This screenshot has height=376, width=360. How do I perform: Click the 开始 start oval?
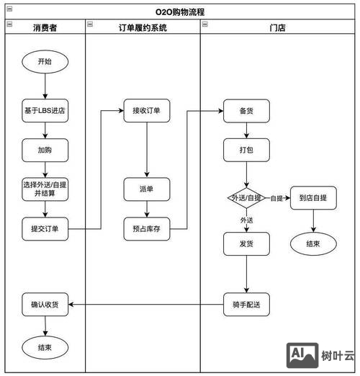click(x=45, y=63)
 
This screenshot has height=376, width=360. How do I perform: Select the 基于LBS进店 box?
click(x=45, y=111)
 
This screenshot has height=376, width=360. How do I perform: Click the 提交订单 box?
click(x=45, y=229)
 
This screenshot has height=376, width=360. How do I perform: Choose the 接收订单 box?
click(x=146, y=111)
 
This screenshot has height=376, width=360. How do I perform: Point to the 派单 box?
click(x=146, y=189)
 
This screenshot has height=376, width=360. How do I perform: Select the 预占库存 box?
click(x=146, y=229)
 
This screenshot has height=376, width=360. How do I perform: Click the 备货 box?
click(x=246, y=111)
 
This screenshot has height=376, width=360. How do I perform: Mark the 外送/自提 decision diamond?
click(x=246, y=197)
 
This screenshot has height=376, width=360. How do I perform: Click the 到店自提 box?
click(x=313, y=197)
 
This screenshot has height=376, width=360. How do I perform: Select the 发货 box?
click(x=246, y=243)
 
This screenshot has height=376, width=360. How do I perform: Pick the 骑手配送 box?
click(x=246, y=305)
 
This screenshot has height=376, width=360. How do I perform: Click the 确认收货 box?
click(x=45, y=305)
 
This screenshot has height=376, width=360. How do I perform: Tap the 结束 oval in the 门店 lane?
click(x=313, y=243)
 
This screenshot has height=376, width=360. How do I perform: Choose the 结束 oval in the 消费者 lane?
click(x=45, y=347)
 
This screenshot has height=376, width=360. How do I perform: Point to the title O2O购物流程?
click(x=179, y=12)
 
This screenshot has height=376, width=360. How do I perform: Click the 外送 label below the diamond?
click(x=246, y=219)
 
